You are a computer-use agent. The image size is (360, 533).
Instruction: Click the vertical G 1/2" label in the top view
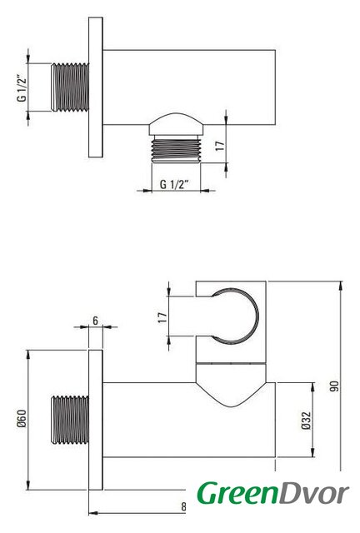pyautogui.click(x=22, y=87)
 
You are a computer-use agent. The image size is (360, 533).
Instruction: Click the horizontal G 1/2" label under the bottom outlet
pyautogui.click(x=174, y=185)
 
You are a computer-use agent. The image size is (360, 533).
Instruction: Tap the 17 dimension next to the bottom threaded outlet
pyautogui.click(x=220, y=147)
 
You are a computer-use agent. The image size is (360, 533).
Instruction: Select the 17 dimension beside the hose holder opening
pyautogui.click(x=162, y=317)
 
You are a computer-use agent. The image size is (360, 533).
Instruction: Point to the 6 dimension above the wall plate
pyautogui.click(x=95, y=321)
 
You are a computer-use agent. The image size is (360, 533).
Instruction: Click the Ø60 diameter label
pyautogui.click(x=22, y=418)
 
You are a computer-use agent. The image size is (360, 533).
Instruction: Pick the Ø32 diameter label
pyautogui.click(x=306, y=421)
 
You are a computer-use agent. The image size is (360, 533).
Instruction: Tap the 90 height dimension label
pyautogui.click(x=334, y=386)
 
